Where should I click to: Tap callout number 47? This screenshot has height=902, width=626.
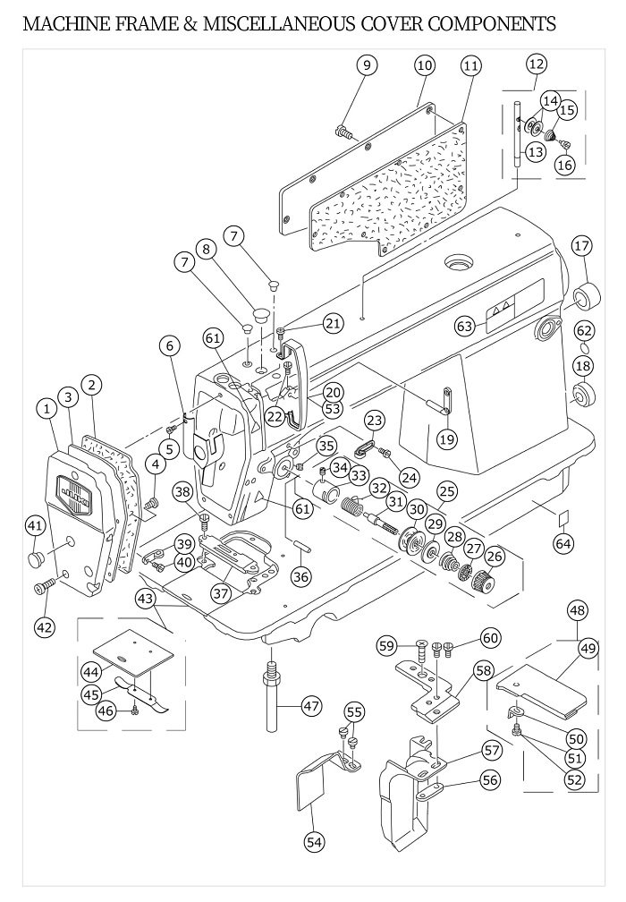[311, 705]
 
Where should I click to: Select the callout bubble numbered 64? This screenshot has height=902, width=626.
[564, 542]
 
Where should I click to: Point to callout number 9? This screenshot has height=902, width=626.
[367, 65]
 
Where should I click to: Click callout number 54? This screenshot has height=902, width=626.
[314, 842]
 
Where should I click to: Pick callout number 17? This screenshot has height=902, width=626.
[582, 246]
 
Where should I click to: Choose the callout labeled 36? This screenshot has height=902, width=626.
[300, 576]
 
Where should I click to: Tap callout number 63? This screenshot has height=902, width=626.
[464, 326]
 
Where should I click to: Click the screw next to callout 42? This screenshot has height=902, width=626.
[44, 587]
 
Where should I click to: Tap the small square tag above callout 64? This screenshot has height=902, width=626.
[564, 517]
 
